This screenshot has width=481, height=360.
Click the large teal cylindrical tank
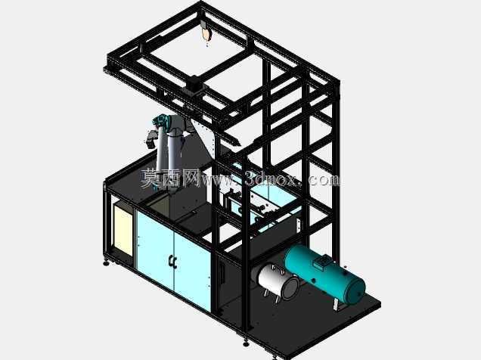pyautogui.click(x=324, y=275)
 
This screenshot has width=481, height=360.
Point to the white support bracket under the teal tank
pyautogui.click(x=337, y=305)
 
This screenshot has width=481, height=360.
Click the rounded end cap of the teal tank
pyautogui.click(x=356, y=292)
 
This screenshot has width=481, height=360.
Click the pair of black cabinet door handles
pyautogui.click(x=173, y=262)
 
